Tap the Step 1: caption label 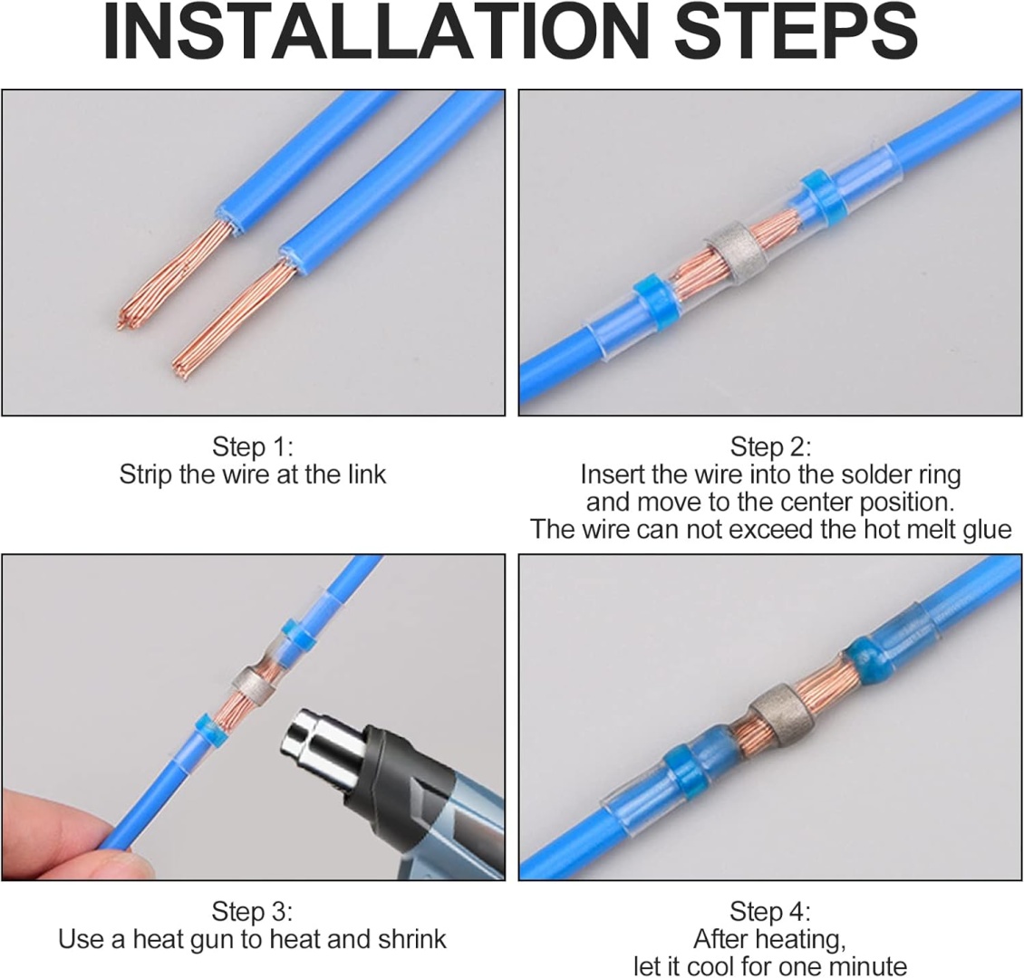coord(252,447)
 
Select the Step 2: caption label coord(770,447)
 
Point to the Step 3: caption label coord(252,911)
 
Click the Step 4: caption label coord(770,911)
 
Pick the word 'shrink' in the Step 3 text coord(411,939)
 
